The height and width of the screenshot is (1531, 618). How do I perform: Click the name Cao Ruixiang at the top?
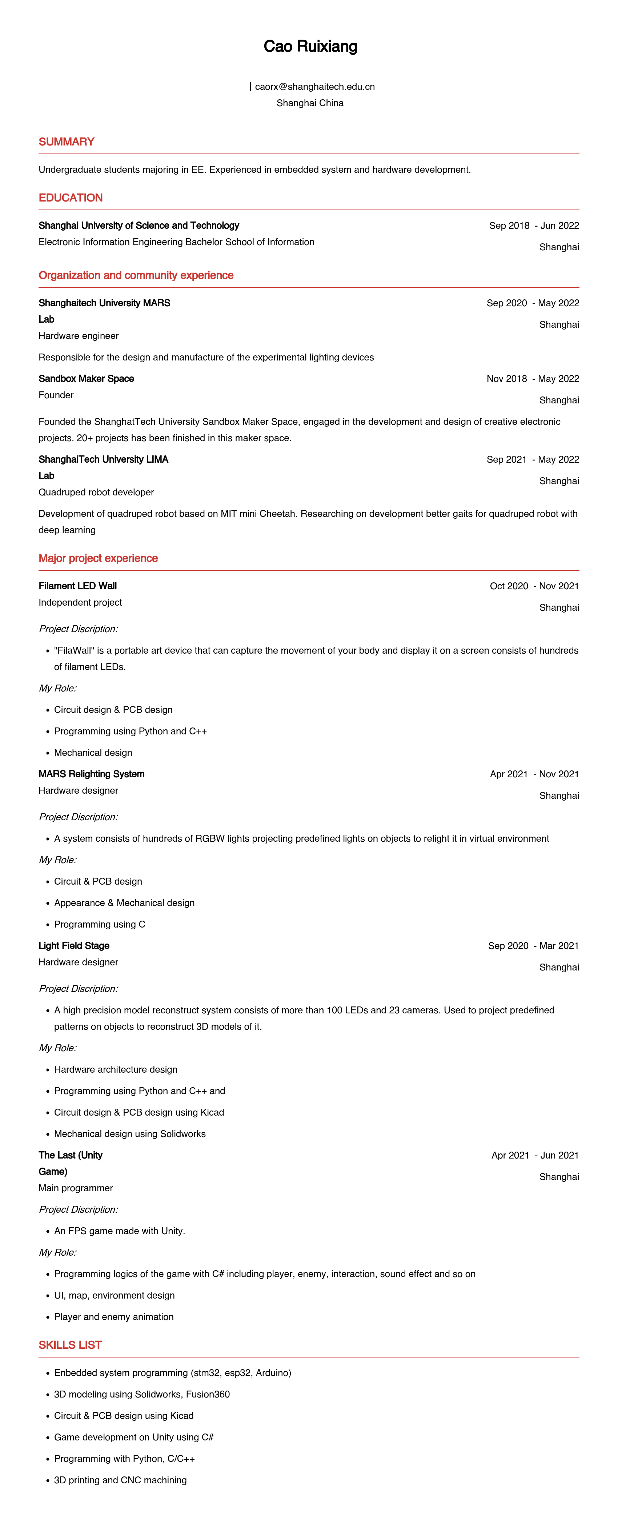coord(310,46)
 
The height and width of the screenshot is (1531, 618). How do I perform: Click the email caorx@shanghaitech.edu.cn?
coord(314,87)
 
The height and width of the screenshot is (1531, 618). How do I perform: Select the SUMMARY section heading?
coord(67,141)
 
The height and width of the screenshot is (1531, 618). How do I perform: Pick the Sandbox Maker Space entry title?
coord(86,379)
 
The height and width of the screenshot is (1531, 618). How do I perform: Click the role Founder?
coord(56,395)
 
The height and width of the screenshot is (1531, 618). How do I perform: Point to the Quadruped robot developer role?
coord(96,492)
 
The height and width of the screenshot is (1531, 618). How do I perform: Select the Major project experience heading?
coord(98,558)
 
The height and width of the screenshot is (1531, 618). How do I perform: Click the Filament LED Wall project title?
coord(78,586)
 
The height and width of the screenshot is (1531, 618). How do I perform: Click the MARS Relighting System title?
coord(92,774)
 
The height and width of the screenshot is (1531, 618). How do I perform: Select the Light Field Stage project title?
coord(74,946)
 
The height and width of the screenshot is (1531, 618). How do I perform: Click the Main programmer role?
coord(76,1188)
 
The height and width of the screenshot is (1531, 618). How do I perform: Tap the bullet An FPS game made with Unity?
coord(120,1231)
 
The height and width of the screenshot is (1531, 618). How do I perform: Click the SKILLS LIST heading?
coord(70,1345)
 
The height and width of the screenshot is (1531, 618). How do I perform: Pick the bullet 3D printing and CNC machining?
coord(120,1480)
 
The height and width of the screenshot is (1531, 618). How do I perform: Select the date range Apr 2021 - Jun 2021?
coord(535,1155)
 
